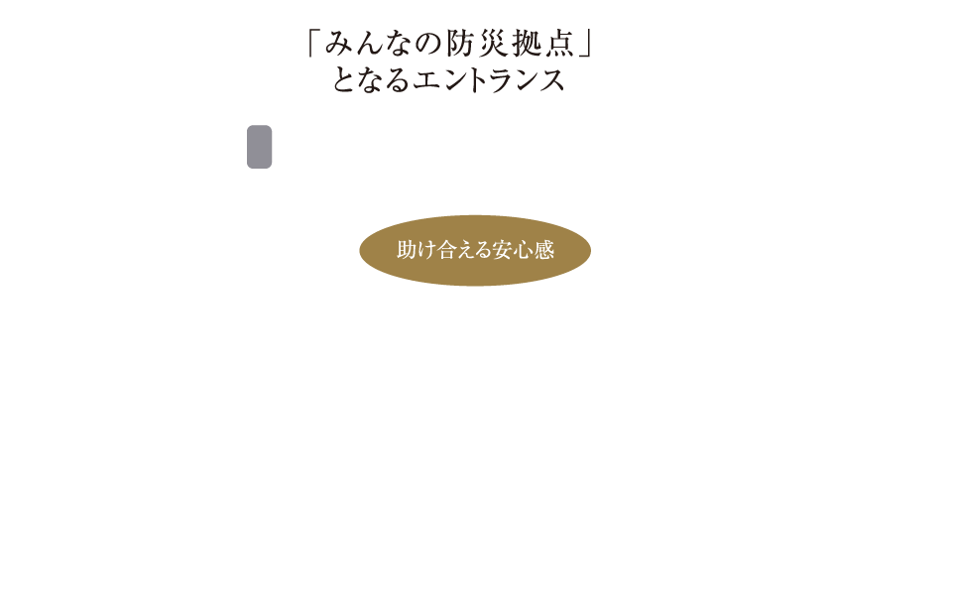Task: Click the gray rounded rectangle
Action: pos(259,147)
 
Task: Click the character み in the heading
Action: pos(344,46)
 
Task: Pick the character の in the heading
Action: pos(424,46)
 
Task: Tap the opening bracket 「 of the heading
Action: pos(316,46)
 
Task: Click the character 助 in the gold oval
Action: pos(407,250)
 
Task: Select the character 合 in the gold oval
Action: pos(446,250)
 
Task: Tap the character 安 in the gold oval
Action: pos(506,250)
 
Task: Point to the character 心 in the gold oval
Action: pos(525,250)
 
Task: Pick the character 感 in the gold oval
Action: pos(544,250)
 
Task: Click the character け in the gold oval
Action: pos(426,250)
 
